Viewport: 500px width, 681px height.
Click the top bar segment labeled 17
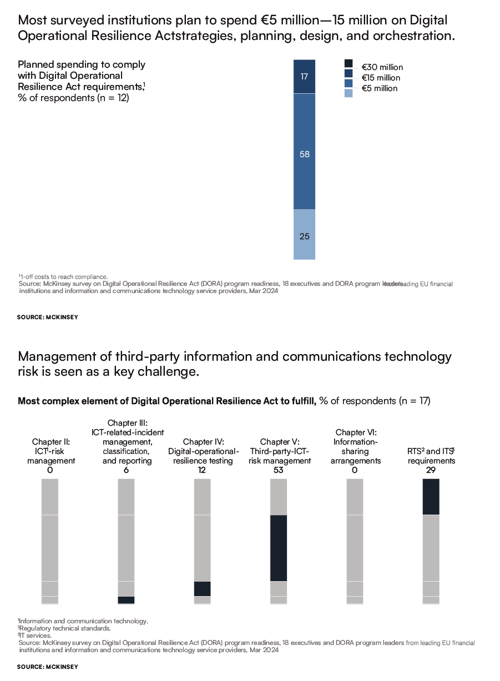304,77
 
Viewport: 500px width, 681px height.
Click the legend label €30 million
382,67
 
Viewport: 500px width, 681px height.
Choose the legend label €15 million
381,78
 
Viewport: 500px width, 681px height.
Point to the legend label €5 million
379,88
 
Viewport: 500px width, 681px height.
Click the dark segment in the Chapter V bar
279,548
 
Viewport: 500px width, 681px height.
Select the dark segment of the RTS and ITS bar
431,497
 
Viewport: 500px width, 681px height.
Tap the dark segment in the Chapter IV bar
203,588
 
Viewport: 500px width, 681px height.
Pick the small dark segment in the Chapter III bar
127,600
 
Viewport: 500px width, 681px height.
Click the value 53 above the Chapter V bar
279,470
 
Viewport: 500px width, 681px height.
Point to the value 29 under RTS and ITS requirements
431,470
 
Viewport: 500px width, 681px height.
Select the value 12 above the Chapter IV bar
203,470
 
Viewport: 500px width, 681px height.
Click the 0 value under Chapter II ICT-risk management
50,470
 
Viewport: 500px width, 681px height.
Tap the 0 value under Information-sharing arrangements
355,470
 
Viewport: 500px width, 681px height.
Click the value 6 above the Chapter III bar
127,470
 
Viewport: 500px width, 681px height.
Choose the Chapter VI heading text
355,432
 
